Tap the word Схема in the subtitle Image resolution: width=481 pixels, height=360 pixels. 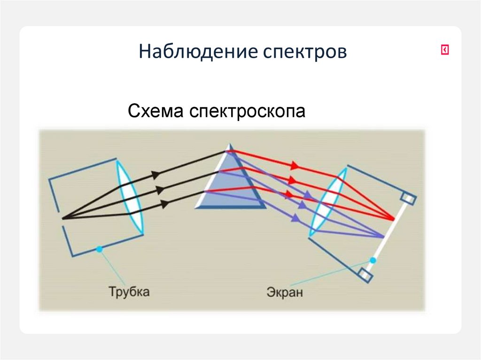pos(156,112)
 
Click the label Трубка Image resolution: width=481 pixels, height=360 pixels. pos(129,291)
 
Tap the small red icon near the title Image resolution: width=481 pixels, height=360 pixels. pos(444,50)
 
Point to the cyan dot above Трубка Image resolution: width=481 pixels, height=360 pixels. pos(99,249)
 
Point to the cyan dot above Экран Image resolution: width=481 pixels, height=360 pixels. pos(372,260)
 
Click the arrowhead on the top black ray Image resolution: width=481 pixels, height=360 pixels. pos(155,174)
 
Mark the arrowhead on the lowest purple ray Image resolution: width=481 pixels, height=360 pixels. pos(295,217)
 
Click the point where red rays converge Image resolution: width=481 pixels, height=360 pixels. pos(393,219)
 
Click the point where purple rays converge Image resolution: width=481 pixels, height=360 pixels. pos(384,236)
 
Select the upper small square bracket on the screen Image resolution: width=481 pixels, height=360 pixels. pos(409,199)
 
